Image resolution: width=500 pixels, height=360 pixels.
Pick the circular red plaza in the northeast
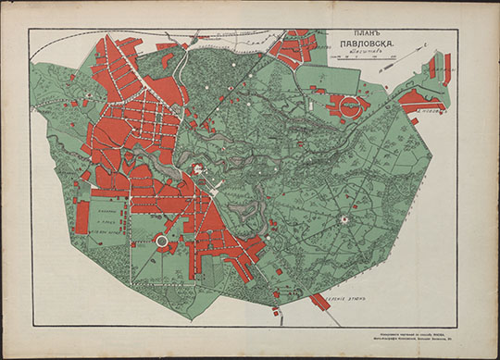pyautogui.click(x=350, y=105)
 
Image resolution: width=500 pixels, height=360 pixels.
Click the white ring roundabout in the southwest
pyautogui.click(x=163, y=242)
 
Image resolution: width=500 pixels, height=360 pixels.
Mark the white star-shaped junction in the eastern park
pyautogui.click(x=345, y=219)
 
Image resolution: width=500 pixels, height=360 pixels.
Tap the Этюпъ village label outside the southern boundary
pyautogui.click(x=349, y=301)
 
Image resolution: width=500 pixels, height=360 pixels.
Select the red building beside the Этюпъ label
pyautogui.click(x=320, y=302)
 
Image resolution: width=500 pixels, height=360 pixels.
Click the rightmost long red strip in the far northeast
pyautogui.click(x=447, y=69)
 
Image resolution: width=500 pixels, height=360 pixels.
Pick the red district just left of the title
pyautogui.click(x=294, y=48)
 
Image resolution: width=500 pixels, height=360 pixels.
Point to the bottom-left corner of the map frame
pyautogui.click(x=28, y=327)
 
